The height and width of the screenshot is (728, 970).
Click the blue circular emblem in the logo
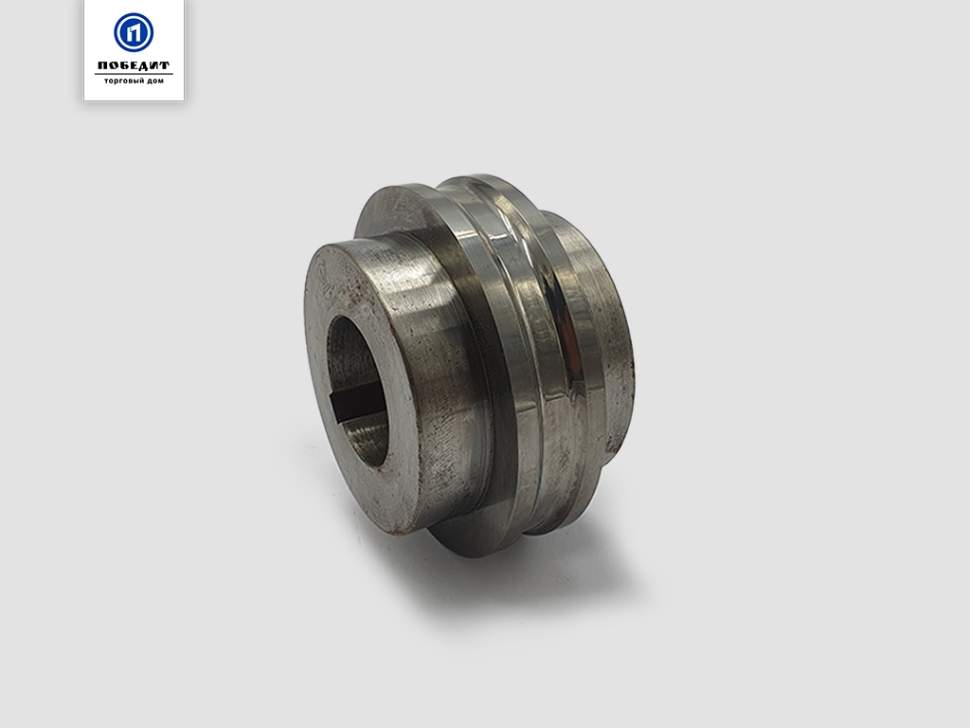(134, 32)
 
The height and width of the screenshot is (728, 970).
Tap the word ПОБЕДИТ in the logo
(134, 65)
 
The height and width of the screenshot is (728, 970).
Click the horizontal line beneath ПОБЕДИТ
(134, 74)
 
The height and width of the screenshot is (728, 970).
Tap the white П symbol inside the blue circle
(134, 32)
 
